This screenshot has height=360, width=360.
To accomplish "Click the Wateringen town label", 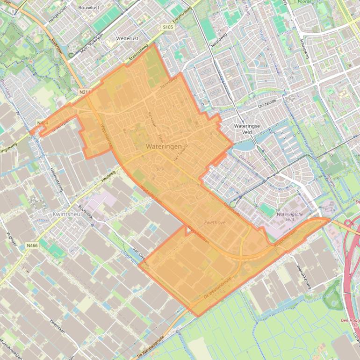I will click(x=163, y=146).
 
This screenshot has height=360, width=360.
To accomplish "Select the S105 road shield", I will click(x=168, y=28).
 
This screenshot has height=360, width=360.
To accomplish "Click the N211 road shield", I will click(x=85, y=92).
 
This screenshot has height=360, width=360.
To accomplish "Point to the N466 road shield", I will click(x=32, y=245).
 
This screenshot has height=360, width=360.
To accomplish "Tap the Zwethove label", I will click(x=215, y=223).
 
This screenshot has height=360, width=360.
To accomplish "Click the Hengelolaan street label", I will click(x=58, y=14).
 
